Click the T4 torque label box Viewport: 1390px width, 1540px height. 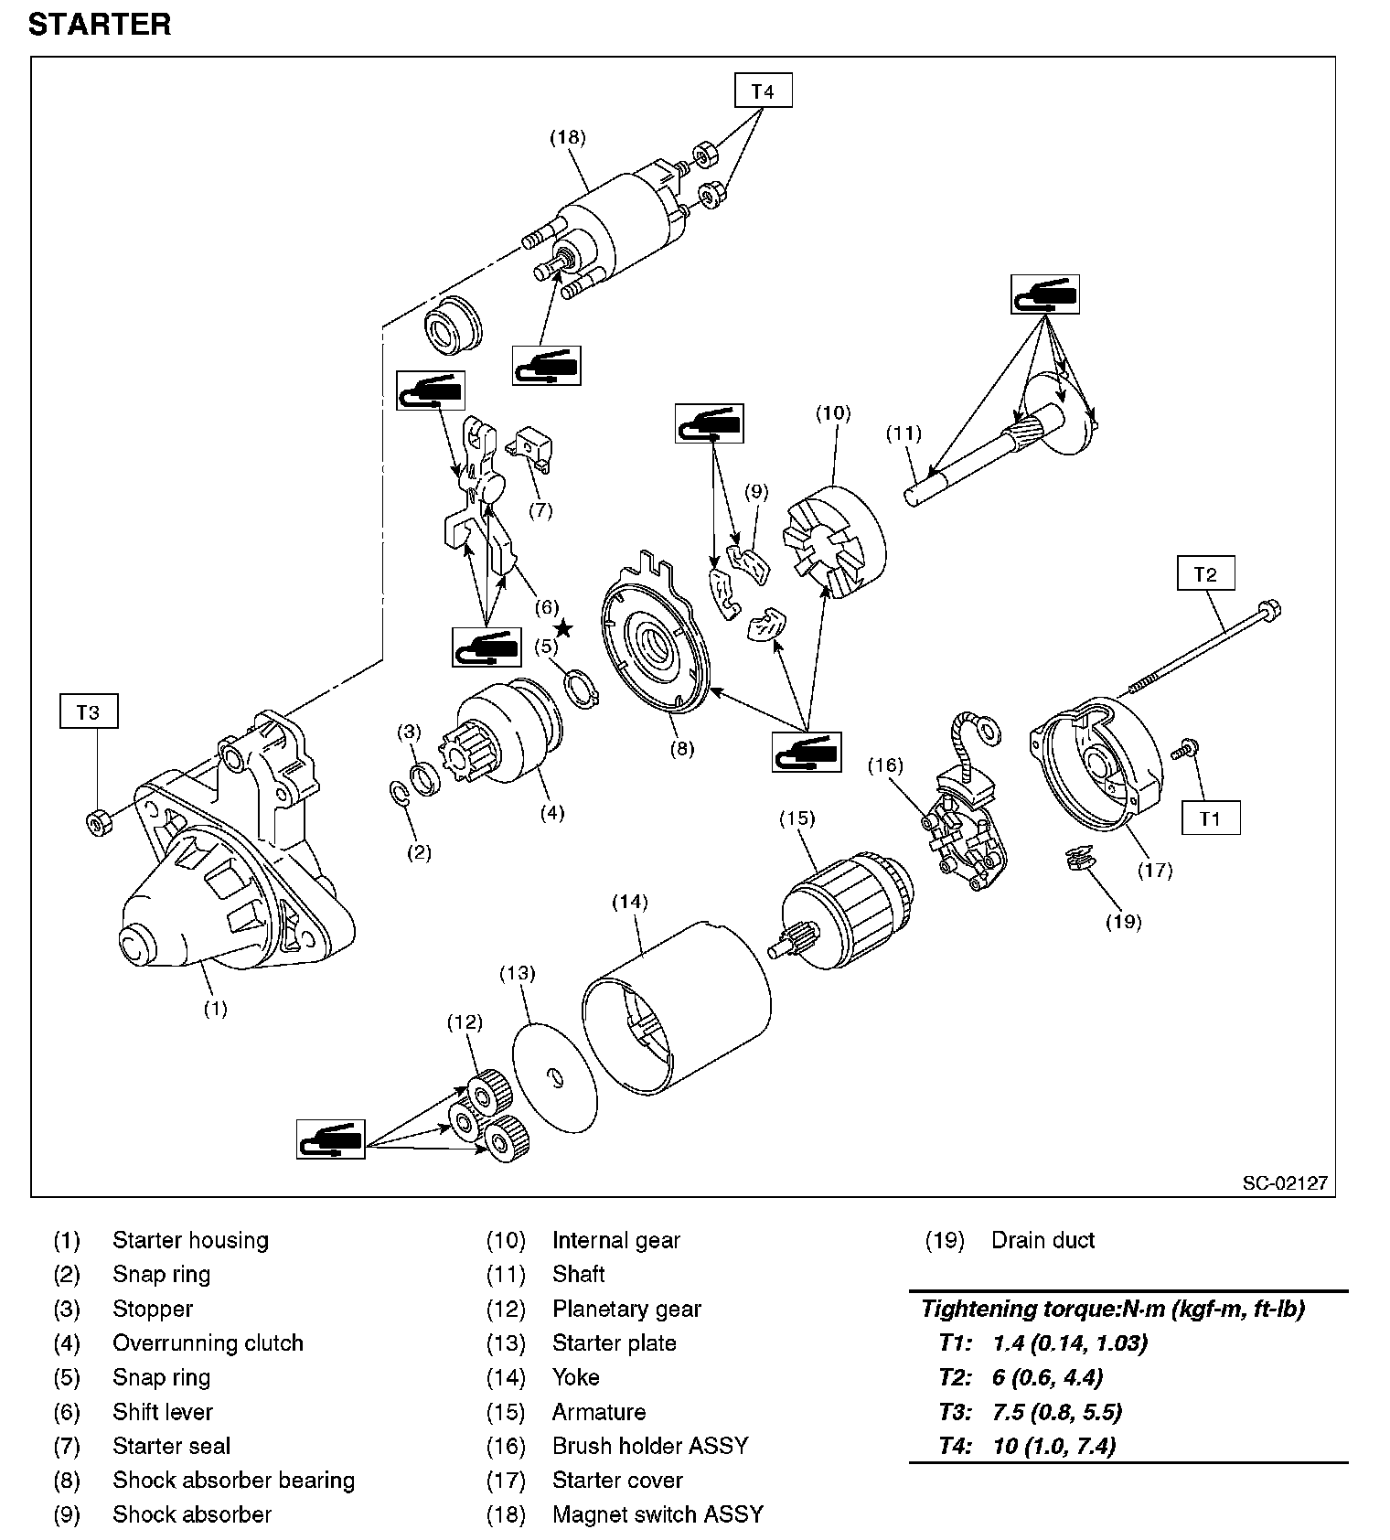763,91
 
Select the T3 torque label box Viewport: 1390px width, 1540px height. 88,712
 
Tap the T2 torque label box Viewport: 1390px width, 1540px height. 1205,574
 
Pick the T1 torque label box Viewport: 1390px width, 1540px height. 1210,818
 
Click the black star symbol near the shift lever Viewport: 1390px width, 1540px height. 563,627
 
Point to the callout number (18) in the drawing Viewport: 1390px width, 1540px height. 567,137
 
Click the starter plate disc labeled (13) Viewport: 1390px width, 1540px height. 554,1074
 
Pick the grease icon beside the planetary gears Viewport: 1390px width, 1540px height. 330,1139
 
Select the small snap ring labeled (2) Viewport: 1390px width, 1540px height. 400,793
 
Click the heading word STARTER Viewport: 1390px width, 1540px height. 100,25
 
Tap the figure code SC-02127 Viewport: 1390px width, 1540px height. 1284,1182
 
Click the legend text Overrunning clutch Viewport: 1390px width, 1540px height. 208,1342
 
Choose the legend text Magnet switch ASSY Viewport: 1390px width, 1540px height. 658,1514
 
